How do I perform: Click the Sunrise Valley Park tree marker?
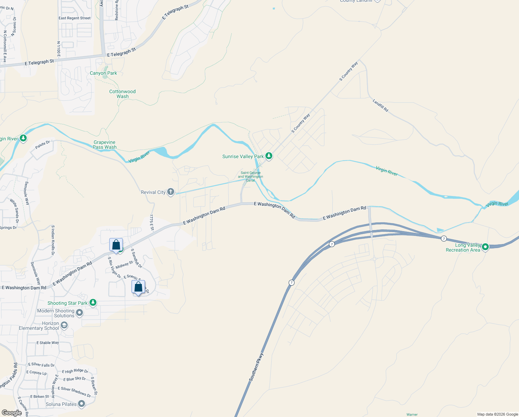(269, 156)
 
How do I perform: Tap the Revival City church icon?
(170, 192)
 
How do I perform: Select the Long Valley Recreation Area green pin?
(485, 247)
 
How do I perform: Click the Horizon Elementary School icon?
(64, 326)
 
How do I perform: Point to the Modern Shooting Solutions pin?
(79, 313)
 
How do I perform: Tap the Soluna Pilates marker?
(82, 404)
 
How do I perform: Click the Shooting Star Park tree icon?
(93, 303)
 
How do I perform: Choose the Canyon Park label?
(103, 73)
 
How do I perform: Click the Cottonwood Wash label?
(122, 94)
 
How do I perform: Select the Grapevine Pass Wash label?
(104, 145)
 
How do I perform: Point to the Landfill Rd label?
(381, 106)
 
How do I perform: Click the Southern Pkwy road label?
(256, 367)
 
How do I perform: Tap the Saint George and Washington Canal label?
(250, 177)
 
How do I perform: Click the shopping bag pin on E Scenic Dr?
(138, 287)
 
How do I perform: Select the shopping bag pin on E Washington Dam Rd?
(116, 245)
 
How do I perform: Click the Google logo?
(11, 413)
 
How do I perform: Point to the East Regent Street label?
(75, 18)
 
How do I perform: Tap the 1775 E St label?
(152, 222)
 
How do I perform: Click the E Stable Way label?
(48, 343)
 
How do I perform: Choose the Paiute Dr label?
(43, 145)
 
